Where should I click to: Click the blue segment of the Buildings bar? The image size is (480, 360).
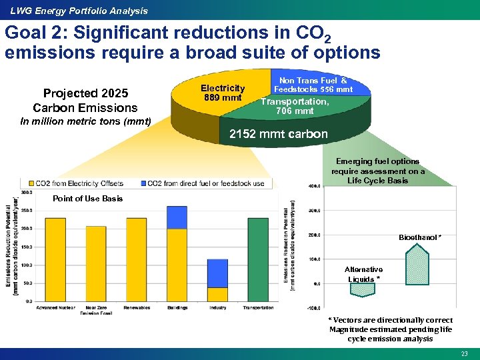177,217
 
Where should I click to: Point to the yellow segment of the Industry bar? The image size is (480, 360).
217,294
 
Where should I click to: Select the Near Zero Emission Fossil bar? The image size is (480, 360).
95,263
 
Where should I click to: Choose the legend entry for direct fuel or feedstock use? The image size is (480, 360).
203,183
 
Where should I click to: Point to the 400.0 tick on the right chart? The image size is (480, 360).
313,186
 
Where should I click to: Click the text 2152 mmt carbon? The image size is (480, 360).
279,134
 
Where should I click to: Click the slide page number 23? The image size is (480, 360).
464,353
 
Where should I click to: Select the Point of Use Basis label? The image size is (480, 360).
87,199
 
